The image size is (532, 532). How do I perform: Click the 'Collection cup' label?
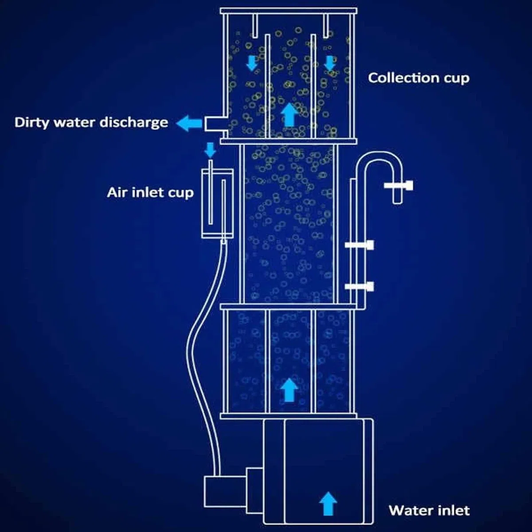tap(419, 78)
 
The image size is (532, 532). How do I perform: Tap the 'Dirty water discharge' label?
tap(91, 122)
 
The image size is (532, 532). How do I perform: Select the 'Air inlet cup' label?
tap(150, 193)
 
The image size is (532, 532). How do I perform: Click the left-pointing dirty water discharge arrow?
tap(189, 123)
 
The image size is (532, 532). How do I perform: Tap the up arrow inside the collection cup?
tap(289, 114)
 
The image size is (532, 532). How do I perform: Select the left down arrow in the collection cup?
tap(251, 63)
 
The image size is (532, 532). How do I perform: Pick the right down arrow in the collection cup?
tap(329, 63)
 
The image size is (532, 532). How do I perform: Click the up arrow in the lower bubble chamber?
tap(289, 390)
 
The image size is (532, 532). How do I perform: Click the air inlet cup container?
tap(218, 204)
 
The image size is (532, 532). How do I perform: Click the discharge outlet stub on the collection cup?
tap(216, 124)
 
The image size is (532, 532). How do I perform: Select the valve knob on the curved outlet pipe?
tap(399, 185)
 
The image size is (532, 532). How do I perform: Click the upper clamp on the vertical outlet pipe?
tap(359, 245)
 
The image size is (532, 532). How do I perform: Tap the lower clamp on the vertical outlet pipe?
tap(359, 286)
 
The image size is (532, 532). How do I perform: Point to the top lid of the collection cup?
tap(289, 11)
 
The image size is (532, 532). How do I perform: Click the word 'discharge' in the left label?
tap(133, 122)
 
